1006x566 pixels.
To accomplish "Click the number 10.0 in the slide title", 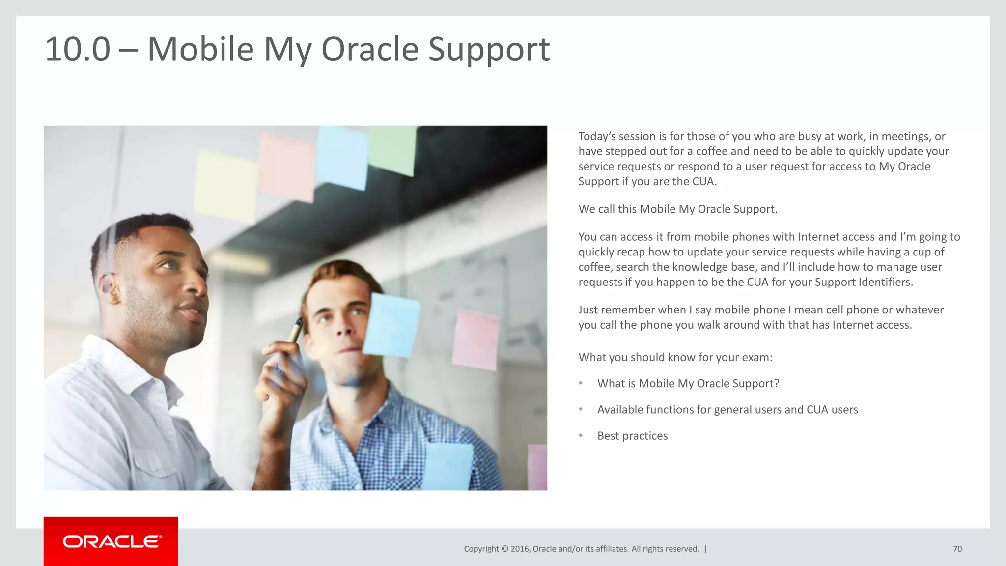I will pos(78,50).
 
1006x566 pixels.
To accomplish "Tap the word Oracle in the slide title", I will pos(369,50).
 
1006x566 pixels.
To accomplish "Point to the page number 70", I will pos(957,549).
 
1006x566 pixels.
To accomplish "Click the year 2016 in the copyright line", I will pos(520,549).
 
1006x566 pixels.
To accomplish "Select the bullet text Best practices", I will pos(632,436).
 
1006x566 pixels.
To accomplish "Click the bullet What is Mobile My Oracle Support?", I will pos(688,383).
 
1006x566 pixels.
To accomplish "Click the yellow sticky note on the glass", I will pos(224,186).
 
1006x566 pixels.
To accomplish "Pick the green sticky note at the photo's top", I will pos(392,150).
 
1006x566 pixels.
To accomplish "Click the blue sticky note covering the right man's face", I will pos(391,324).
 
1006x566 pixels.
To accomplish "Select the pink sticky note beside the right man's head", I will pos(475,339).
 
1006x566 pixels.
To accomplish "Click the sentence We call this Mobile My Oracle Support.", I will pos(677,209).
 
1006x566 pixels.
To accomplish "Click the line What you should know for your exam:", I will pos(675,357).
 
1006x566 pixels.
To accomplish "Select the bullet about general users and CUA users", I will pos(727,410).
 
